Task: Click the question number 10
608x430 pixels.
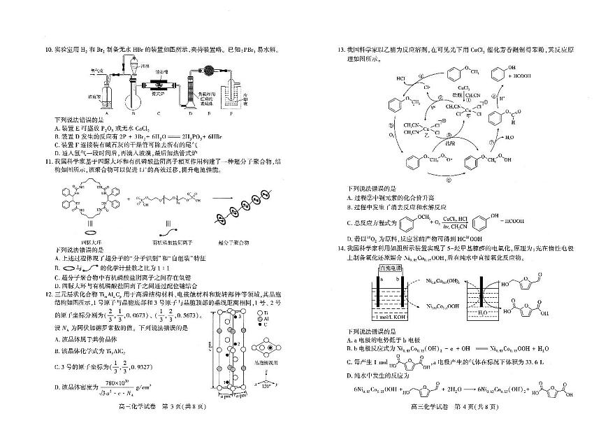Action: [x=48, y=50]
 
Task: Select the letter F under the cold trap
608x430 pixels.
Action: [x=234, y=111]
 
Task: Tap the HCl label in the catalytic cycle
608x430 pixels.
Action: [x=400, y=78]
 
